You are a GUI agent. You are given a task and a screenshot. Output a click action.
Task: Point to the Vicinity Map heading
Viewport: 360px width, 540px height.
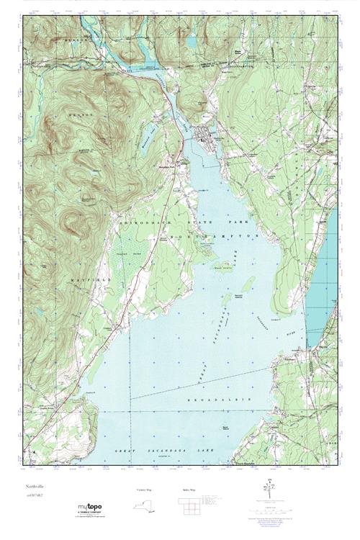coord(145,490)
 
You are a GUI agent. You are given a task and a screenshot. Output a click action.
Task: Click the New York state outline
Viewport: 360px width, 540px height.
coord(145,507)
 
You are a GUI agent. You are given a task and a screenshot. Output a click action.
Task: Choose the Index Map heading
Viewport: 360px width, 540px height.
coord(189,490)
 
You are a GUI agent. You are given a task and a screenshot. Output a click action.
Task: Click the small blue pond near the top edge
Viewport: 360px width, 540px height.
coord(191,42)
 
